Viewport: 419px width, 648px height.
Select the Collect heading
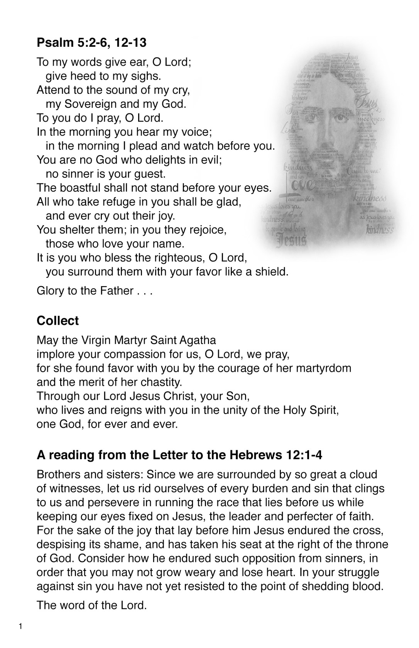[57, 321]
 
